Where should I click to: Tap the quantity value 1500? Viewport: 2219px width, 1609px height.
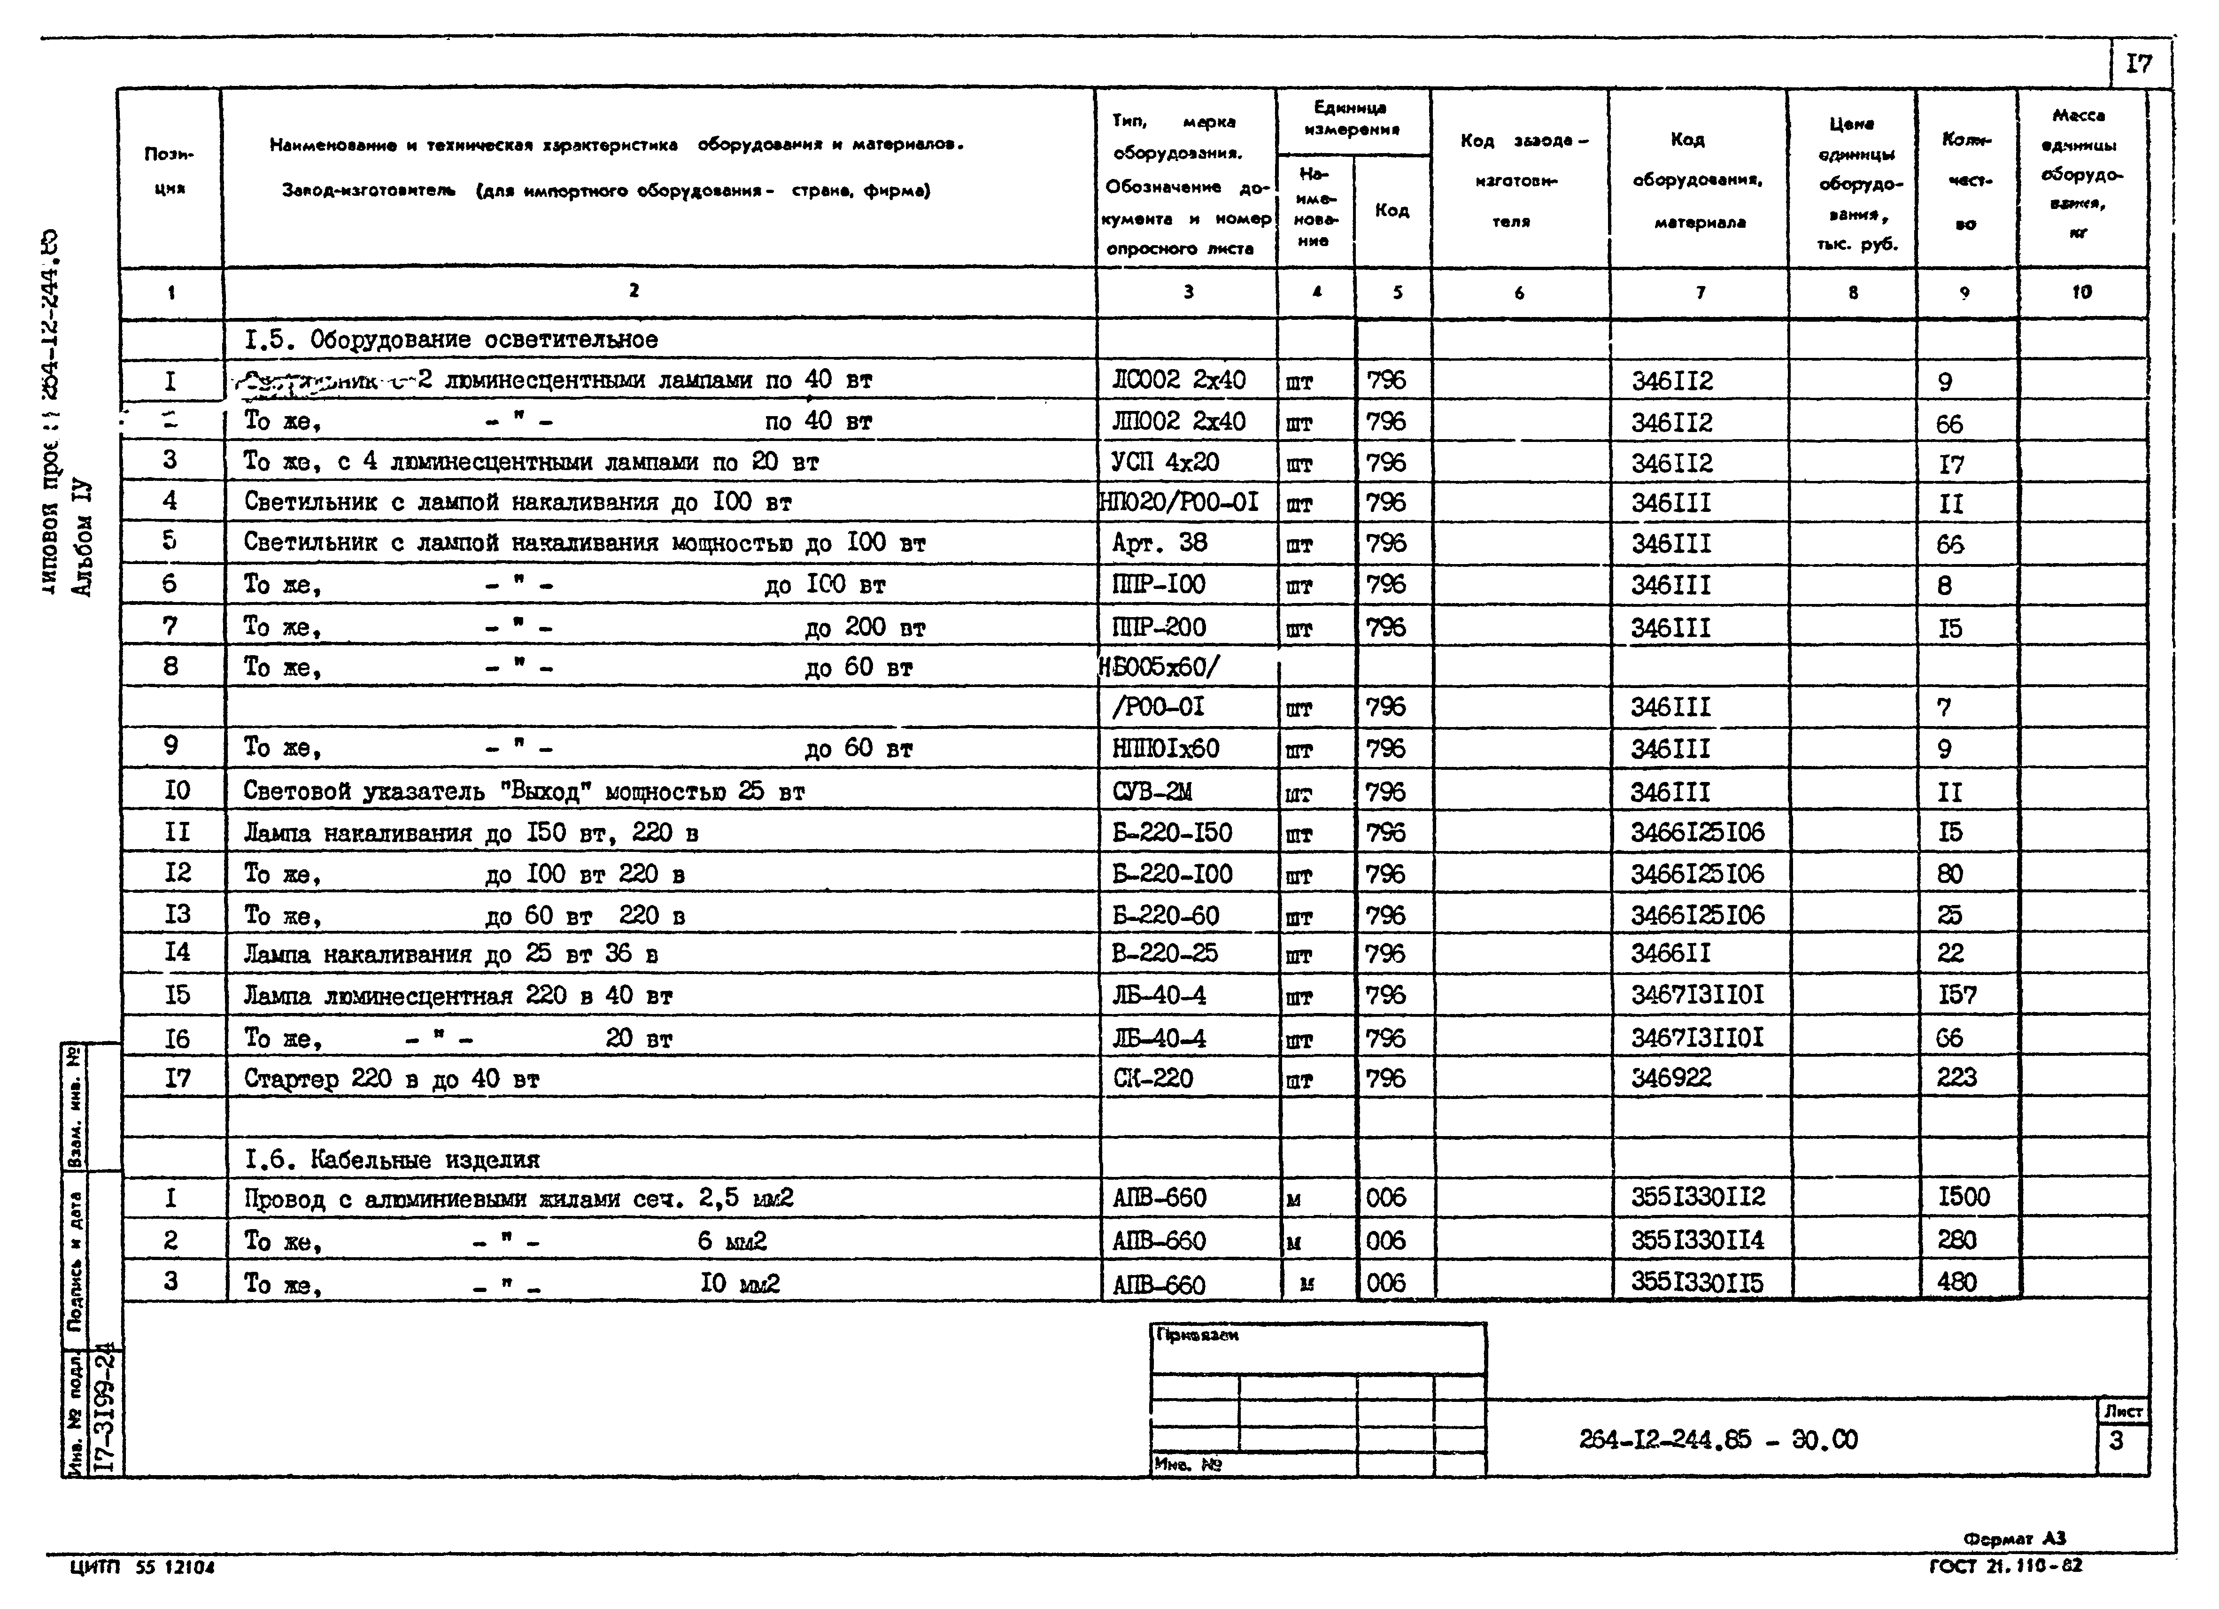[1963, 1197]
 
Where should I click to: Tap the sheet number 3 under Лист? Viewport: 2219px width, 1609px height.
[2116, 1441]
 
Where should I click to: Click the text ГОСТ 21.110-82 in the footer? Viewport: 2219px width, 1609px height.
[2006, 1566]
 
